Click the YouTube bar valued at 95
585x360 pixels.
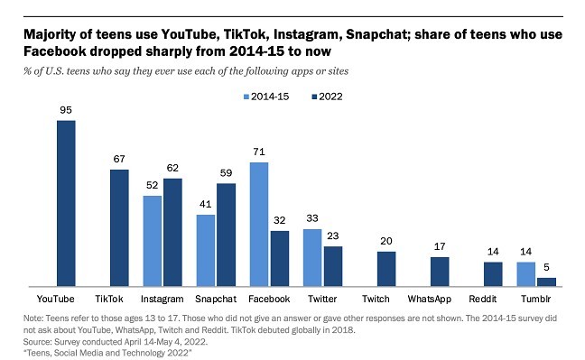point(66,203)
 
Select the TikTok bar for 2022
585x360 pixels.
point(119,227)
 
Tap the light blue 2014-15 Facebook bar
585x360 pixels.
point(259,224)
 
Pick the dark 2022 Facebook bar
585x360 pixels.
point(279,258)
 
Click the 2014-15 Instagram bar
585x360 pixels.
point(153,241)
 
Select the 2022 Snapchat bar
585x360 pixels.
point(226,235)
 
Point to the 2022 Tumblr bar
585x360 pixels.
point(546,282)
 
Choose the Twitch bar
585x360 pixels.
point(385,268)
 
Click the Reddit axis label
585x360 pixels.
point(492,297)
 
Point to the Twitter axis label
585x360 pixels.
point(321,297)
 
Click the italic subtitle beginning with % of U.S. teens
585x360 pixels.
point(181,69)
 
